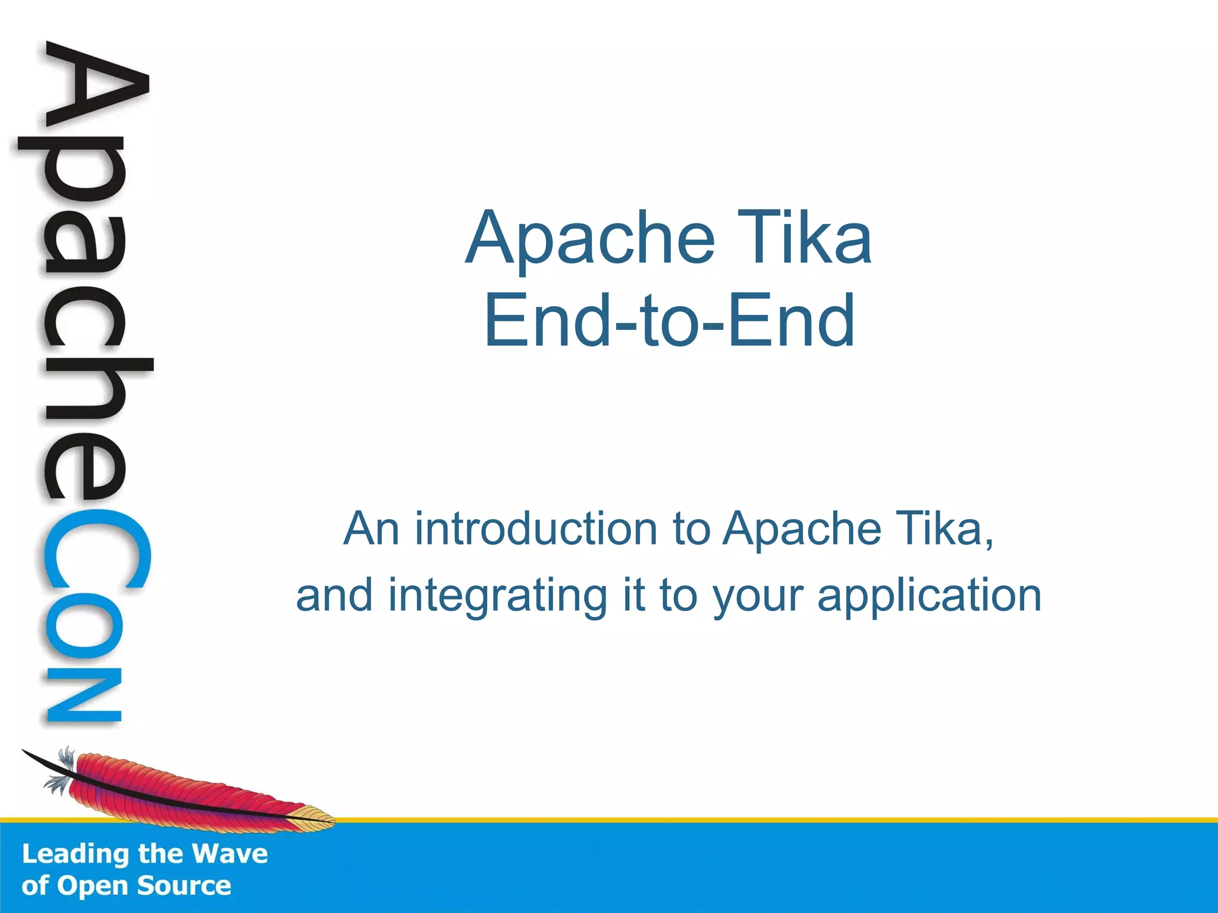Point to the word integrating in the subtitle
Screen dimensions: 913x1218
coord(497,595)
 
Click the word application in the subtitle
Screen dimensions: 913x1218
coord(929,596)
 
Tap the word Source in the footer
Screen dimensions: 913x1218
coord(184,886)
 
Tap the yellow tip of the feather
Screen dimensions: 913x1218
coord(315,818)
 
